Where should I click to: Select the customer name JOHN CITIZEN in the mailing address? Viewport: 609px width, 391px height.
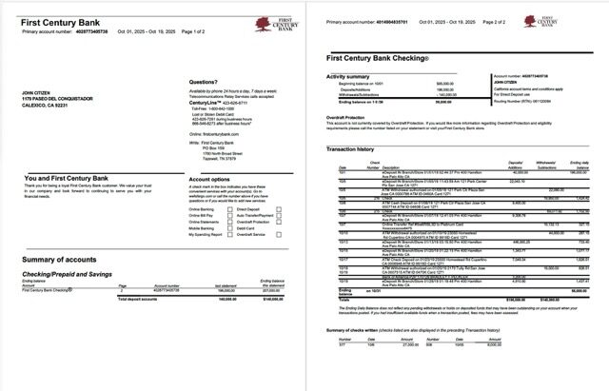point(35,93)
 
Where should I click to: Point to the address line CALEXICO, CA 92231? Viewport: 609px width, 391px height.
point(45,105)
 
